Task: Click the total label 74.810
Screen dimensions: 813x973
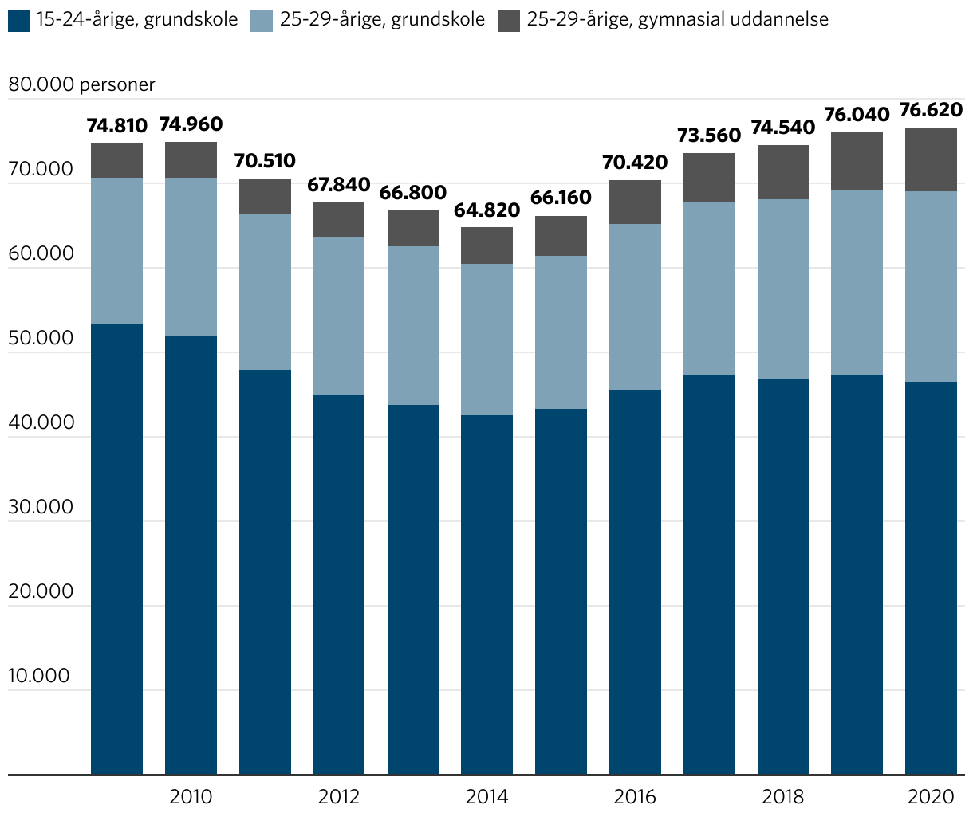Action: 117,126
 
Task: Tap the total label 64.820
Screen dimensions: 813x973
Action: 486,210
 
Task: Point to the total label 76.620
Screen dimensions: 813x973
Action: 931,110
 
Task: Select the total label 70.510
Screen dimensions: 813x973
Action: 265,161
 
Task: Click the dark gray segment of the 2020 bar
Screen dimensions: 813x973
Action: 931,159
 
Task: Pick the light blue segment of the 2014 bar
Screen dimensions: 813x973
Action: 486,340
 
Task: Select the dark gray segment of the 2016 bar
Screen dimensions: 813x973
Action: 635,202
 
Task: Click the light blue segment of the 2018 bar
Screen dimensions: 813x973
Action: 783,289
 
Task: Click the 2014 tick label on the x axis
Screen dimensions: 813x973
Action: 486,796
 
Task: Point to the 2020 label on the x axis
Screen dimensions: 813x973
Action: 931,796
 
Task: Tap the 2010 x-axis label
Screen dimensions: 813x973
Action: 191,796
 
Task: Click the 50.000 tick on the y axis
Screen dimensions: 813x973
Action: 40,338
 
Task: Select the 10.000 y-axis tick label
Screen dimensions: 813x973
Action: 40,676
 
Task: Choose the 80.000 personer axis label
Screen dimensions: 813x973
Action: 81,84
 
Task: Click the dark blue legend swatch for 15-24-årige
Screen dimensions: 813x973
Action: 19,20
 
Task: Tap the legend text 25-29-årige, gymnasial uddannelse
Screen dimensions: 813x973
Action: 677,19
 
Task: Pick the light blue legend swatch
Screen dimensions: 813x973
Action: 262,20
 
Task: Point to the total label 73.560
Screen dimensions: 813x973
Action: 709,135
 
